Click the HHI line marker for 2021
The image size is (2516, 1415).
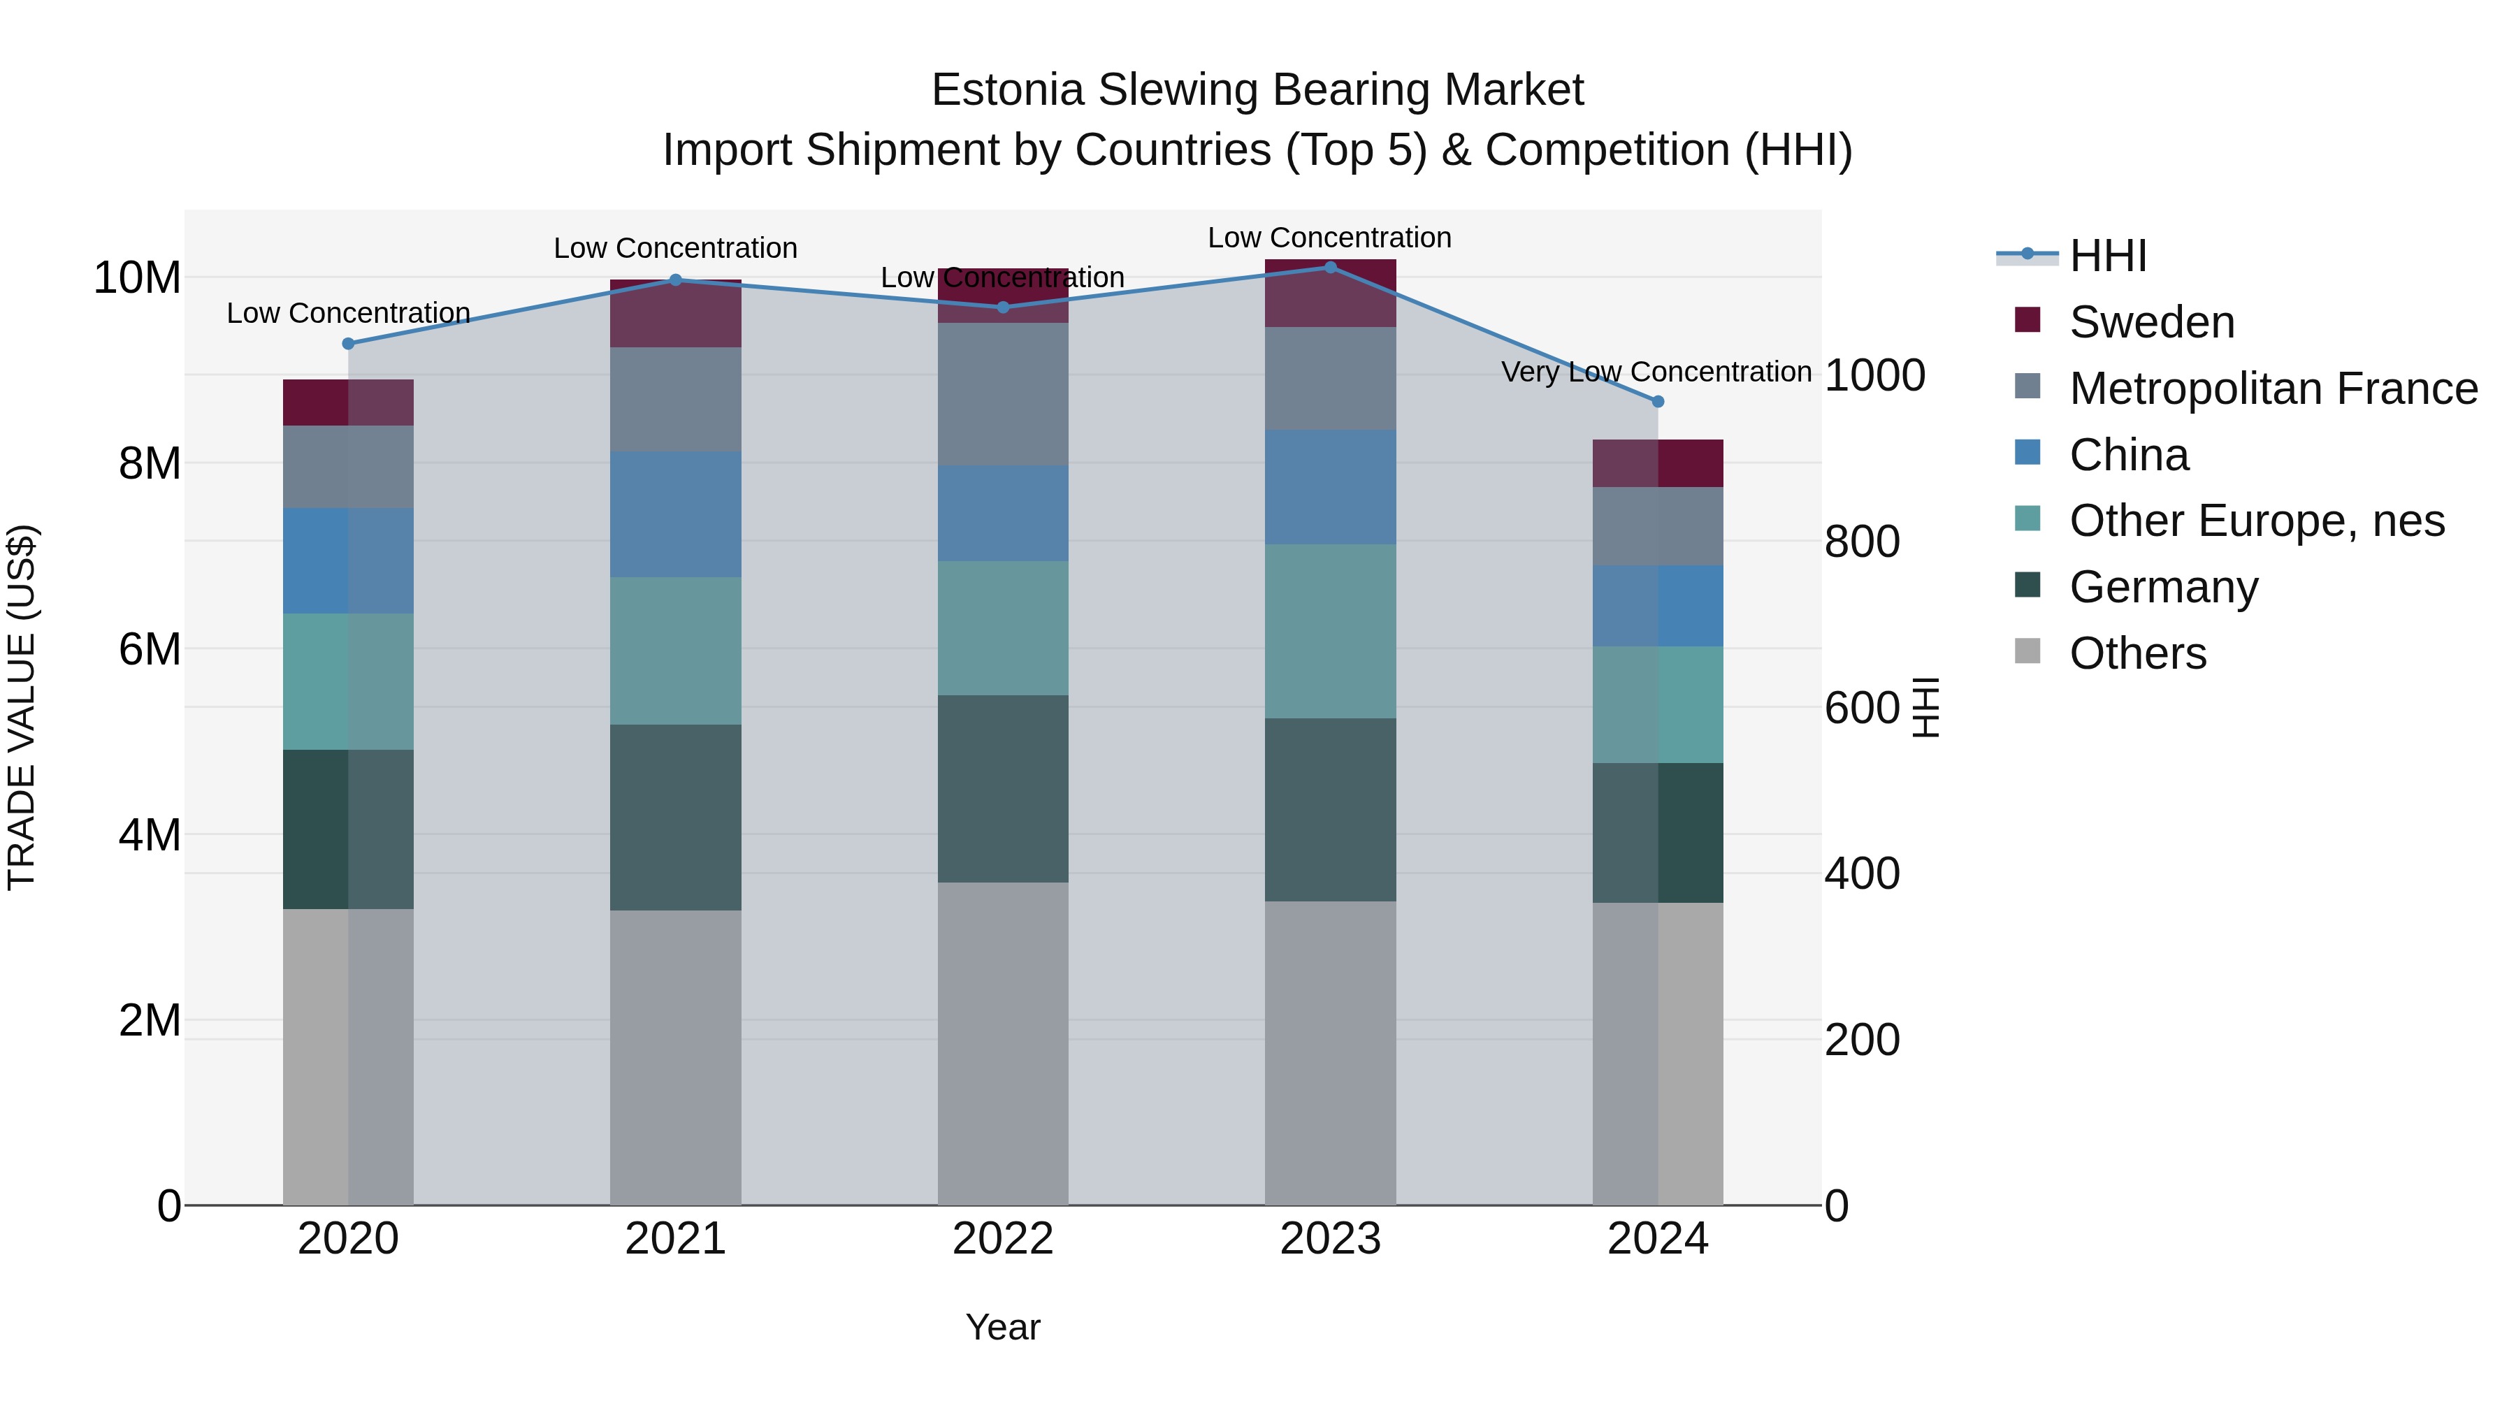tap(675, 280)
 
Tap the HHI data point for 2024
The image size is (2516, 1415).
tap(1658, 401)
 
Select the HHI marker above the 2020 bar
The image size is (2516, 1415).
tap(349, 344)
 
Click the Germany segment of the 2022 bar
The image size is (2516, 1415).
tap(1003, 788)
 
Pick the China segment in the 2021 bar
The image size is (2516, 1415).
tap(675, 514)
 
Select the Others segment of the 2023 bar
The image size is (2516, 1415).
tap(1330, 1053)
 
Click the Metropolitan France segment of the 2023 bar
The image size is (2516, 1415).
tap(1330, 378)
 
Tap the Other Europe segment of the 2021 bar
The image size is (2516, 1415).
tap(675, 651)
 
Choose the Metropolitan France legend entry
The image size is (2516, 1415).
tap(2272, 389)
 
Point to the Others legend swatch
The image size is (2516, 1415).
tap(2027, 651)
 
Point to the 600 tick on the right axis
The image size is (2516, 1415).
tap(1862, 708)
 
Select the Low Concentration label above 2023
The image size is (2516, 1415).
tap(1329, 238)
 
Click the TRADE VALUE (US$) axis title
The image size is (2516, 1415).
tap(22, 707)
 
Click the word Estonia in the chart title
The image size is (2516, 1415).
tap(1007, 90)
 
